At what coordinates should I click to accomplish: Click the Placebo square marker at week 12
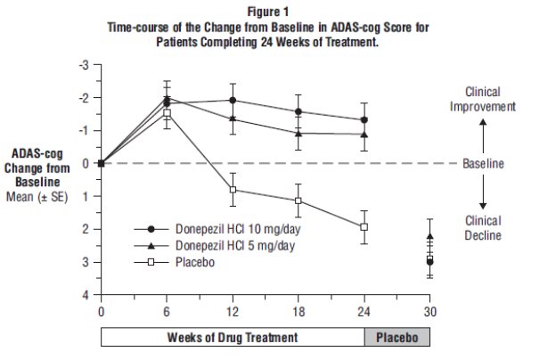(233, 190)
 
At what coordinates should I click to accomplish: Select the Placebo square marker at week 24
(364, 226)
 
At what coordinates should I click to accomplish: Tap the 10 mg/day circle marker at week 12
(233, 100)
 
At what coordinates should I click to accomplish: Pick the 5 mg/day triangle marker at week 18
(298, 133)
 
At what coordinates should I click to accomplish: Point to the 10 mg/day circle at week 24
(364, 119)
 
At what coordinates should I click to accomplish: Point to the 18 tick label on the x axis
(298, 312)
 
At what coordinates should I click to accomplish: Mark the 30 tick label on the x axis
(429, 312)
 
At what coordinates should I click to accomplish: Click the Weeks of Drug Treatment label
(233, 338)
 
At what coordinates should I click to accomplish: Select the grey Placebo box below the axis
(397, 338)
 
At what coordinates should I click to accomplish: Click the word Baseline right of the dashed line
(483, 164)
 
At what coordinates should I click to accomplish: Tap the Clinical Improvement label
(483, 99)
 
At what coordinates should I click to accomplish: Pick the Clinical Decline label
(483, 228)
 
